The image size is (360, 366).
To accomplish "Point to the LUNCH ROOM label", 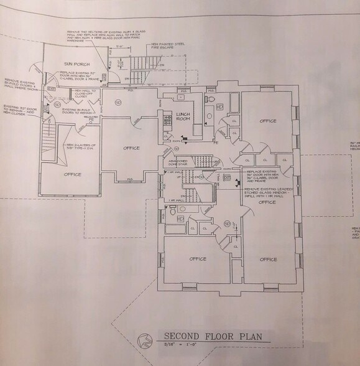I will (182, 118).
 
